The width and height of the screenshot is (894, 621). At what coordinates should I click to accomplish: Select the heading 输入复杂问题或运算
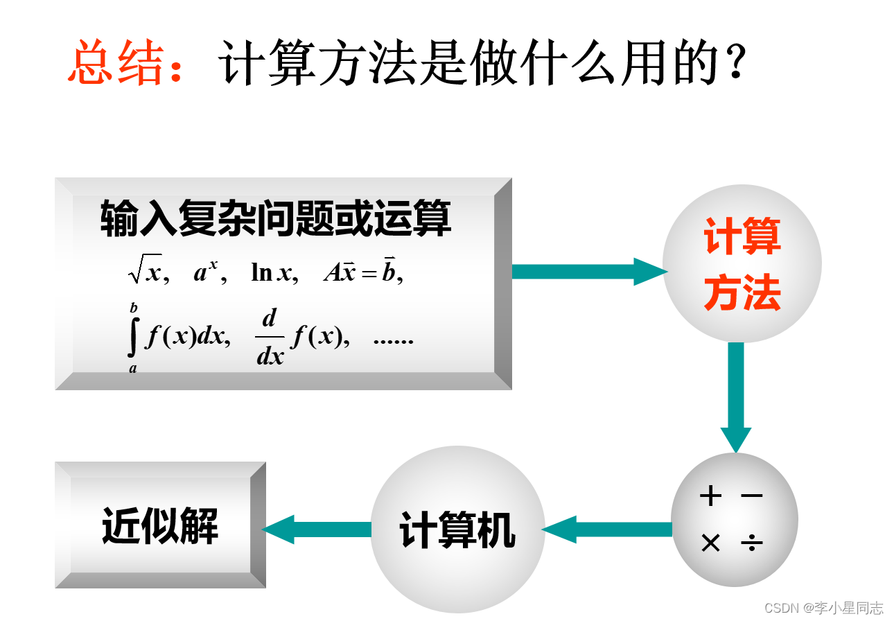275,218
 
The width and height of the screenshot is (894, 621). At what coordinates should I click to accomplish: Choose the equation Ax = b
362,272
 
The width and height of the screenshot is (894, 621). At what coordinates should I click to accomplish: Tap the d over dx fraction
270,338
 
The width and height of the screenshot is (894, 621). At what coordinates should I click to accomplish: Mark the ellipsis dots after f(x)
393,340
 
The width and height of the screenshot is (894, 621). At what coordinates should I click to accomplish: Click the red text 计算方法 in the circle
742,265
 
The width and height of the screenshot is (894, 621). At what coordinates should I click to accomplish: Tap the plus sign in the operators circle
710,496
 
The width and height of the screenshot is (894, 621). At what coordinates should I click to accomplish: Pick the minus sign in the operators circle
751,496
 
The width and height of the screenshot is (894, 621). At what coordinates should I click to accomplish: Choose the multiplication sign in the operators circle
710,543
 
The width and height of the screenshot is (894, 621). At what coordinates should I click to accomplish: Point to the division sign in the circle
751,543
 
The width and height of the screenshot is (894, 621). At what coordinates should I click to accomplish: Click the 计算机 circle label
457,531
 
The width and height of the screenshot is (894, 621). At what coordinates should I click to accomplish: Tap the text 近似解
160,525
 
